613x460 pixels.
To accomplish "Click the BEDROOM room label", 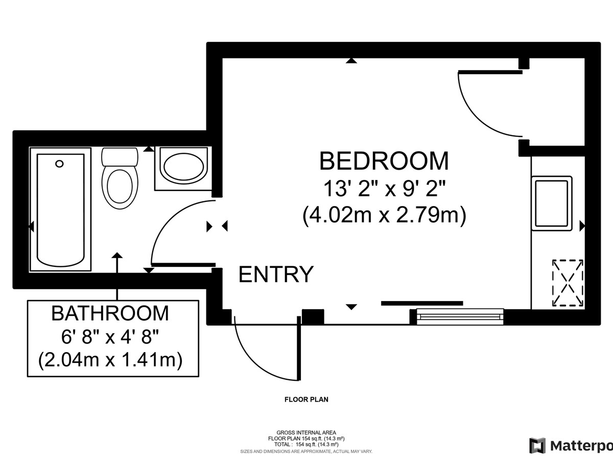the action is [x=384, y=161].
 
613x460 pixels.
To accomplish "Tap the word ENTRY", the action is [x=276, y=274].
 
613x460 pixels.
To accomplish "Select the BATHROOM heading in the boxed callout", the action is [x=110, y=313].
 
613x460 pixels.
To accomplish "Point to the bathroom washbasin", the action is [x=183, y=167].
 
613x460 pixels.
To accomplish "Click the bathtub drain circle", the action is [x=59, y=164].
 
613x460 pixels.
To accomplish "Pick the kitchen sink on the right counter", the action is [x=552, y=203].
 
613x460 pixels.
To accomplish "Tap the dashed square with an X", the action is [x=568, y=283].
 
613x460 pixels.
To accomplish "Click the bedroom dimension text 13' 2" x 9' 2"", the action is [x=384, y=189].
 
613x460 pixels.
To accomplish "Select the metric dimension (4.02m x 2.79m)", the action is [x=384, y=215].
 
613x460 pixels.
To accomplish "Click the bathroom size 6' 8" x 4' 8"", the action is [x=110, y=337].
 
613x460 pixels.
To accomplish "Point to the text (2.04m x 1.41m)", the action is [x=110, y=359].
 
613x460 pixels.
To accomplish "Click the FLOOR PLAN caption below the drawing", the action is [x=306, y=399].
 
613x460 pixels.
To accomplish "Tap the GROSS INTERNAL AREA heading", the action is [x=306, y=432].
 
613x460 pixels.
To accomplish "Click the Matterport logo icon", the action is [x=537, y=446].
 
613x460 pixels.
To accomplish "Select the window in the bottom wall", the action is [x=460, y=316].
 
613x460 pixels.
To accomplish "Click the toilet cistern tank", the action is [x=120, y=157].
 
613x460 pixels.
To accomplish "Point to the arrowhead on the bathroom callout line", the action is [x=117, y=255].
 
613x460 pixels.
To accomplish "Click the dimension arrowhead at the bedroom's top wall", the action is [x=351, y=61].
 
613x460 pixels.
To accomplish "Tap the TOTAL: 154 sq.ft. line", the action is [x=306, y=444].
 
